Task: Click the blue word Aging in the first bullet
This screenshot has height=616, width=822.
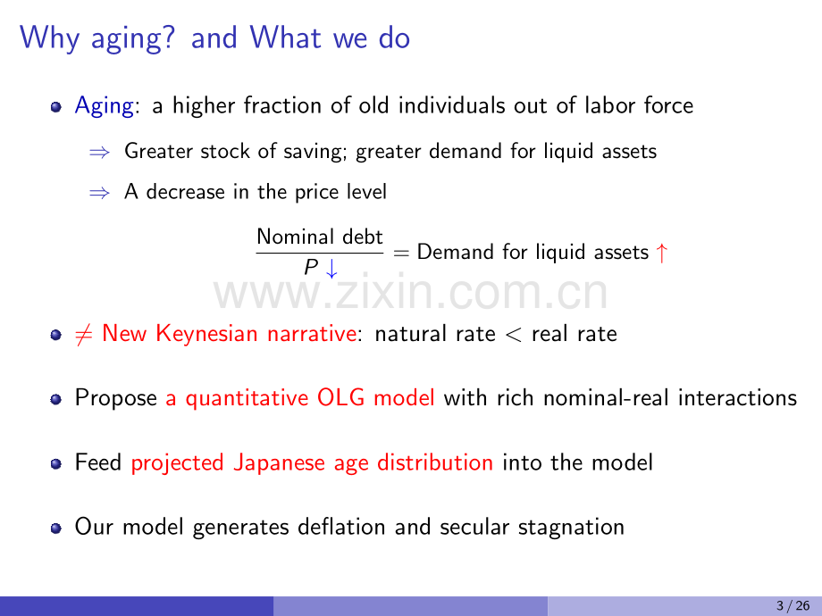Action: (x=105, y=106)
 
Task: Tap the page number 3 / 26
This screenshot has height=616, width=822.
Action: (x=793, y=606)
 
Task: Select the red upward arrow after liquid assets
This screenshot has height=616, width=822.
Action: (x=661, y=253)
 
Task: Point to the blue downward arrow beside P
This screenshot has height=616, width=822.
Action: (x=331, y=268)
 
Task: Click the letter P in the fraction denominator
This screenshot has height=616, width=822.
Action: (x=311, y=267)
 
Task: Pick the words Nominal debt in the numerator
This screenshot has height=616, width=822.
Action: (x=320, y=237)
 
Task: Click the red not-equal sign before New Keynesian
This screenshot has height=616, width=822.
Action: (x=84, y=334)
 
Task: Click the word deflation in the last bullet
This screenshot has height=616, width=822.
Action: (x=341, y=527)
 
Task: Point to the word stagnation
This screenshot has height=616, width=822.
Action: (x=571, y=528)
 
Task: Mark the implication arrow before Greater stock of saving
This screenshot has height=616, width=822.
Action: (x=99, y=153)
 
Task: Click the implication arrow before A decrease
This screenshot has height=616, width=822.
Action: (x=99, y=194)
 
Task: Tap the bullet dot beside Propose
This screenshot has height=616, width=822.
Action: (x=56, y=400)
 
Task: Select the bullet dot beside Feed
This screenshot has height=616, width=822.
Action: (x=56, y=464)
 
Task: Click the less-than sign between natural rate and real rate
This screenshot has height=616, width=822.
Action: (x=513, y=335)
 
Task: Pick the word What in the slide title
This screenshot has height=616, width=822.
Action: (x=285, y=37)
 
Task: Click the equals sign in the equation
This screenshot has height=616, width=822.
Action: (x=400, y=254)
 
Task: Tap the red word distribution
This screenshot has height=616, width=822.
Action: (x=434, y=462)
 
